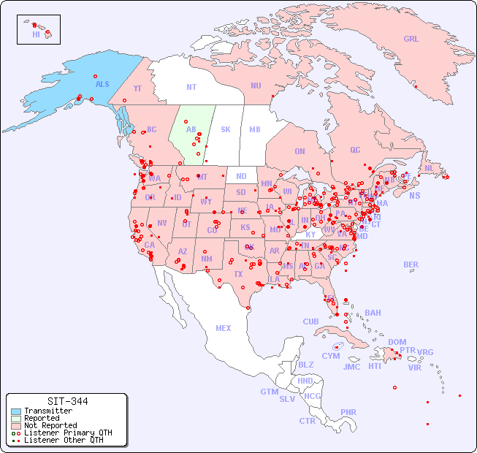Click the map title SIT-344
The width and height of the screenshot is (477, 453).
(x=67, y=401)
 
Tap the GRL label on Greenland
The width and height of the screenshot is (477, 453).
(x=411, y=39)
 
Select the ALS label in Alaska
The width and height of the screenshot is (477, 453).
(x=102, y=84)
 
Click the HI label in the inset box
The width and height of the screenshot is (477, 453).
(x=36, y=34)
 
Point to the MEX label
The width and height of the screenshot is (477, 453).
(x=224, y=328)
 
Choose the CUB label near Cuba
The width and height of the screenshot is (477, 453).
(x=310, y=321)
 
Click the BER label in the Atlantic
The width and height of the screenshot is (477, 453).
(x=411, y=264)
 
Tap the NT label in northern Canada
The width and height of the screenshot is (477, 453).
(x=191, y=86)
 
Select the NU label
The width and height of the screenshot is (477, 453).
(x=256, y=85)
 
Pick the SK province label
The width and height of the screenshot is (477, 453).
(x=226, y=129)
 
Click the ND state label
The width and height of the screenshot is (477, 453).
(x=241, y=176)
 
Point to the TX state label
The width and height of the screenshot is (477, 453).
(x=238, y=274)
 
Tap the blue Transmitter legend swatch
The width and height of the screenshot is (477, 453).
(x=16, y=411)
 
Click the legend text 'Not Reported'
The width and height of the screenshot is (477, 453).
(x=50, y=425)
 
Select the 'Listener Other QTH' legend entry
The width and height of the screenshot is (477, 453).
(x=64, y=440)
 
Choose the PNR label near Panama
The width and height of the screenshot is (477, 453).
(x=348, y=412)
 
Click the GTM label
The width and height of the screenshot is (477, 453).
(x=269, y=392)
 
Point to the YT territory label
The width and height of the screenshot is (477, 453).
(x=137, y=88)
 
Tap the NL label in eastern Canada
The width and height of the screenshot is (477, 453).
(x=429, y=167)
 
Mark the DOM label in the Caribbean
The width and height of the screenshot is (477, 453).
(x=397, y=342)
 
